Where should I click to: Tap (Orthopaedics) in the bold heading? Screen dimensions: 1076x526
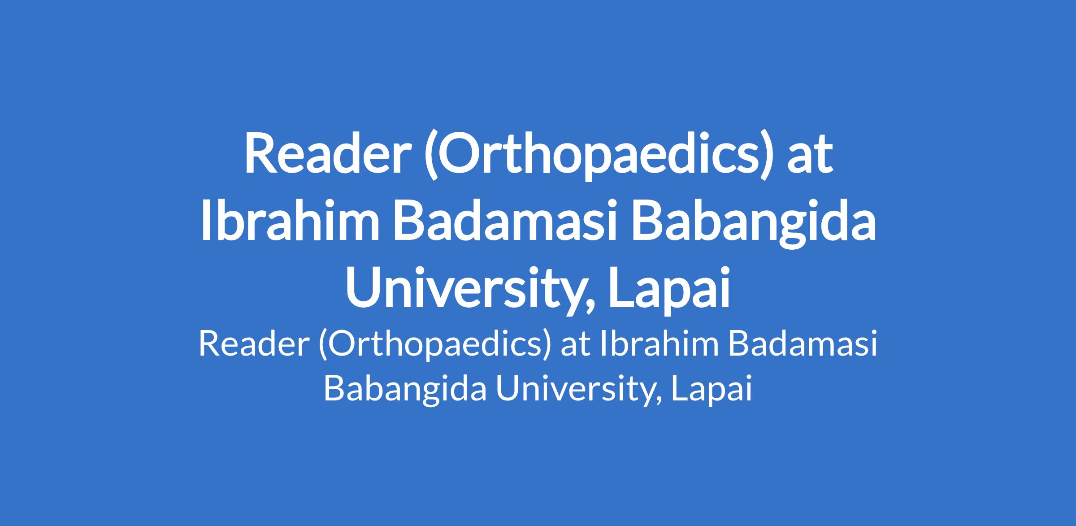(x=599, y=156)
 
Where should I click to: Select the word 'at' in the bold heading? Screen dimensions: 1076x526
(x=810, y=156)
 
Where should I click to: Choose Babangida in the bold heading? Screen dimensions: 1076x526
(x=753, y=226)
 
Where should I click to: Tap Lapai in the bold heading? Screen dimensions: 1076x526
(x=669, y=291)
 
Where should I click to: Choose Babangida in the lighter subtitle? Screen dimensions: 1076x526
(x=405, y=390)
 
